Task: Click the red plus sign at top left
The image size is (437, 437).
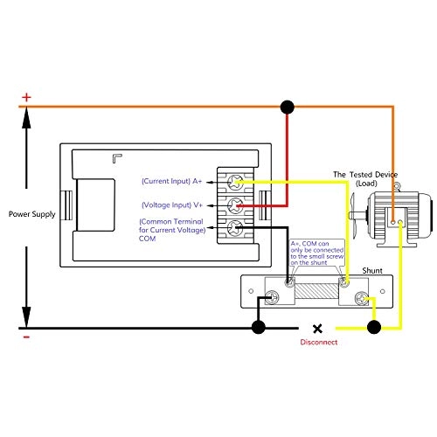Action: click(x=26, y=97)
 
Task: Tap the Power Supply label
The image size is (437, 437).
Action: click(x=32, y=213)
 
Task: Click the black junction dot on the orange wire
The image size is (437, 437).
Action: click(x=286, y=107)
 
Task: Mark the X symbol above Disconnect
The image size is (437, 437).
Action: click(x=317, y=329)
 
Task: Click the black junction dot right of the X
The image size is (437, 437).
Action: click(x=375, y=328)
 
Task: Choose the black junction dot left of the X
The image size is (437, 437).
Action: click(x=259, y=328)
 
